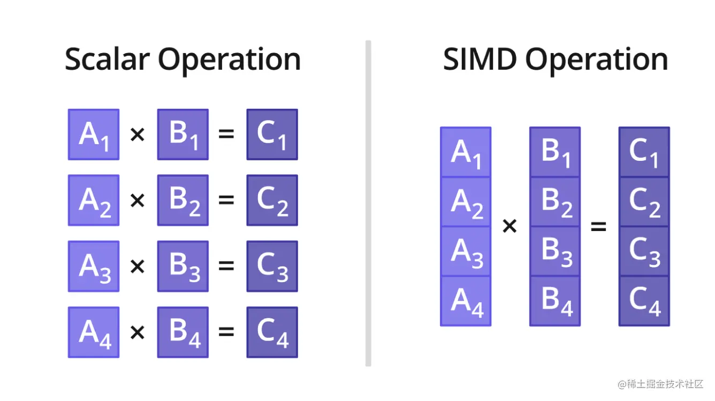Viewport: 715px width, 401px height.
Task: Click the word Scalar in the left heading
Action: (107, 60)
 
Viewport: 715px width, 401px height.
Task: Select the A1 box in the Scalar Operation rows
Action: (94, 135)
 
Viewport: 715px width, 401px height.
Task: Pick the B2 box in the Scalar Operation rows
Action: (183, 200)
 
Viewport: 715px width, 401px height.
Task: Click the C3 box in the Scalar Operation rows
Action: (272, 266)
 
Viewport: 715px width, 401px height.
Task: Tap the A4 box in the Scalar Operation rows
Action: (94, 332)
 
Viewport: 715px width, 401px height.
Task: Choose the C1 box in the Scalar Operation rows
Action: (272, 135)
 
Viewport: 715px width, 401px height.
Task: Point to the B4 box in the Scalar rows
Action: (183, 332)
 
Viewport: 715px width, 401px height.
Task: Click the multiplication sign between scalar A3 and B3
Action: (138, 266)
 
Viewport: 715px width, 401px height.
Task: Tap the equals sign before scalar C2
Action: (227, 200)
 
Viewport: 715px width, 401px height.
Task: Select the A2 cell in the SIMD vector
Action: (466, 202)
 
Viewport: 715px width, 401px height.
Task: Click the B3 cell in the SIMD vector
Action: (555, 251)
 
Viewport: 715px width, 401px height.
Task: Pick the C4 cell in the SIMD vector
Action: (644, 301)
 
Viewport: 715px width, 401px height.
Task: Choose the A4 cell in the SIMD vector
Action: (466, 301)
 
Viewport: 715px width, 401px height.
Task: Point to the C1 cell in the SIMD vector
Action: (644, 152)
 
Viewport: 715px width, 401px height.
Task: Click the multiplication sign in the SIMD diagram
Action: (509, 227)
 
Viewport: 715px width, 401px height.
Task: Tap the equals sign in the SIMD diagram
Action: (598, 227)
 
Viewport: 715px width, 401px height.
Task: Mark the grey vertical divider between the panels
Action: (368, 204)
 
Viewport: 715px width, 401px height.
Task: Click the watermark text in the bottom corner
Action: (660, 384)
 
